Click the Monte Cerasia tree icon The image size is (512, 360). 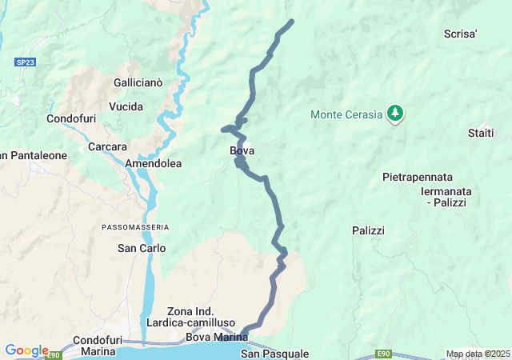point(394,114)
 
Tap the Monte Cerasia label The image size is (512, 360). point(346,114)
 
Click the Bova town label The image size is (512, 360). point(242,150)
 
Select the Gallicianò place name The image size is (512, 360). point(138,82)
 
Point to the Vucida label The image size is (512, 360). point(126,106)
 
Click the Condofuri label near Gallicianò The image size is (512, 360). point(71,118)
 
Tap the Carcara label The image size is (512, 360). point(107,146)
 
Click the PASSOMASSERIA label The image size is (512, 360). point(135,227)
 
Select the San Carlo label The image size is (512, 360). point(142,248)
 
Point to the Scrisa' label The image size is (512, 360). point(461,34)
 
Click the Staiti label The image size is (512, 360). point(481,133)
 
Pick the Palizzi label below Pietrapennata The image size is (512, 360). point(368,230)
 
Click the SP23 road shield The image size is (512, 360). point(25,62)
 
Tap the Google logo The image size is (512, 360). point(26,350)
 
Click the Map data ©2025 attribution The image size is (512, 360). point(478,354)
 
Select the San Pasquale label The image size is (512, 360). point(274,354)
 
